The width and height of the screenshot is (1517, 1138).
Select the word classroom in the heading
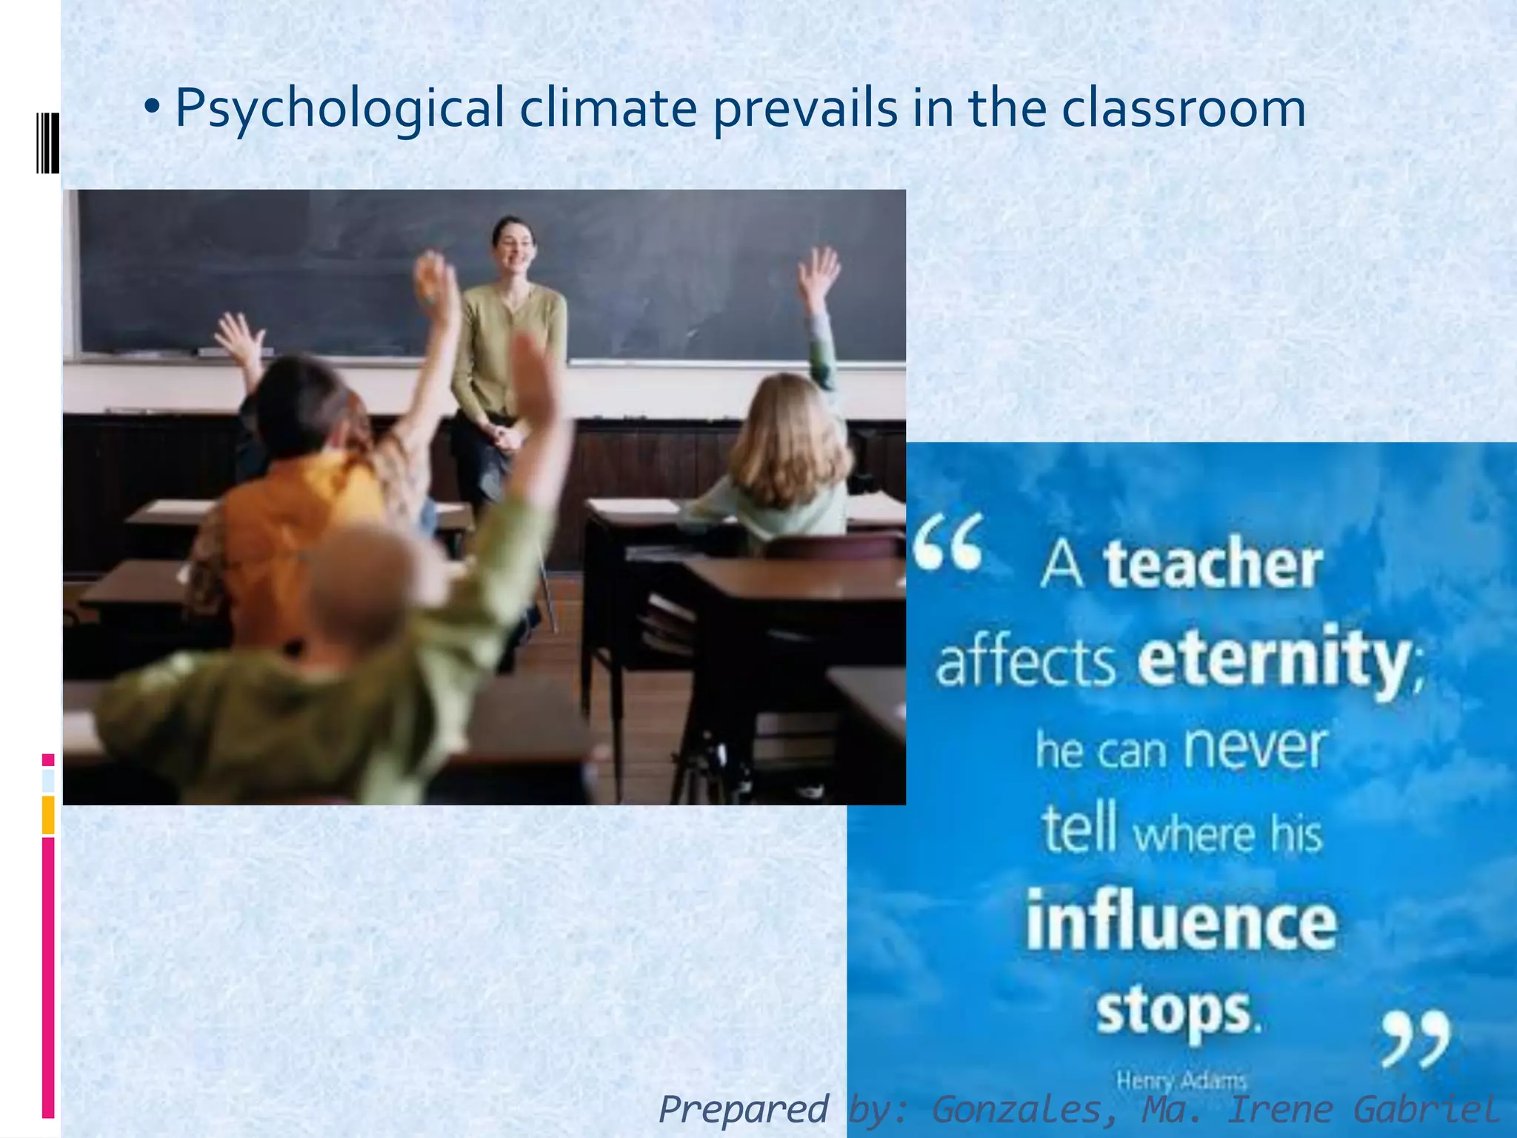click(1183, 108)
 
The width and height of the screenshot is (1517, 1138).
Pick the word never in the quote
click(1254, 748)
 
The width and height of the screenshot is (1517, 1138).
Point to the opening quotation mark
click(948, 542)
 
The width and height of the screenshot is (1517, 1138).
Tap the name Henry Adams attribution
click(1181, 1081)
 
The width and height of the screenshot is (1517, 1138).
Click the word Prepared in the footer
click(743, 1110)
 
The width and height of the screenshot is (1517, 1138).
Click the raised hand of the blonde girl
click(818, 270)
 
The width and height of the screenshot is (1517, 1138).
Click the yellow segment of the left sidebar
click(48, 814)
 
